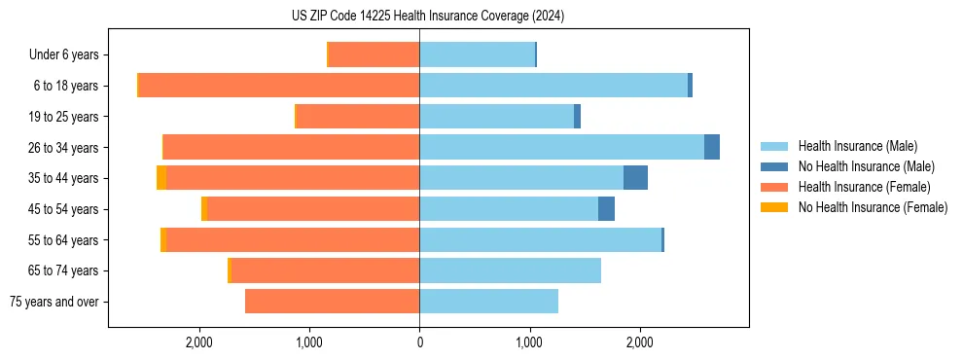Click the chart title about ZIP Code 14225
[x=428, y=16]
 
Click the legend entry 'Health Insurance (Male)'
[x=857, y=146]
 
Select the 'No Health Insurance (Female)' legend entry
[x=873, y=207]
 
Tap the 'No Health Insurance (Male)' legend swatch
[x=775, y=166]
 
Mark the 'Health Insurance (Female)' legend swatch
[x=775, y=187]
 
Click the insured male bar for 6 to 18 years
[x=553, y=86]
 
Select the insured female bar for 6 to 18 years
[x=279, y=86]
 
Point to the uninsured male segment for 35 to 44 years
[x=635, y=178]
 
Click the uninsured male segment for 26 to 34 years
[x=712, y=147]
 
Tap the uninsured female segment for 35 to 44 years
[x=161, y=178]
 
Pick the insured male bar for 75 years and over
[x=488, y=302]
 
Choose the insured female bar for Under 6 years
[x=374, y=55]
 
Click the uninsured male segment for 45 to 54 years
[x=606, y=209]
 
